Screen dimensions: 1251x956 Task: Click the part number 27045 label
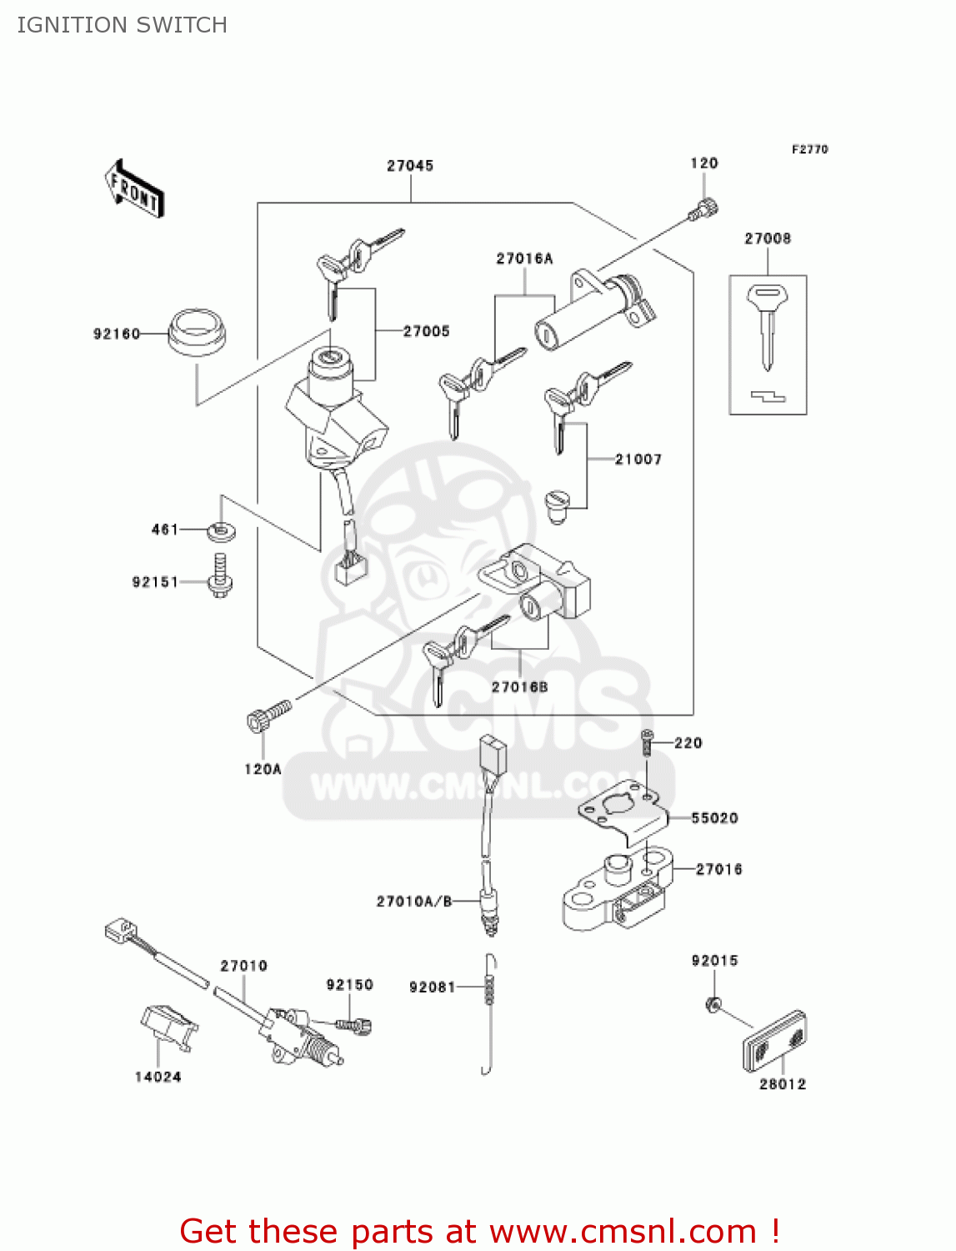(410, 166)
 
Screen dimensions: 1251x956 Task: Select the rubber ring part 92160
(197, 333)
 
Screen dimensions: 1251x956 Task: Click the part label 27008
(768, 239)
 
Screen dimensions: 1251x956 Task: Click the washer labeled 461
(221, 530)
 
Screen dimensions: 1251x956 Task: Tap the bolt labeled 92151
(220, 575)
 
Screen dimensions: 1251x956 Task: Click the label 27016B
(520, 687)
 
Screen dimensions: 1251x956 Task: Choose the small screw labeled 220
(646, 741)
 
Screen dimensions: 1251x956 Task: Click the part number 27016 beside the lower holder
(718, 869)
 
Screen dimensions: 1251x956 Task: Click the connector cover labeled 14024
(168, 1026)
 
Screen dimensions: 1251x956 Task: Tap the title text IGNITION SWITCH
(123, 25)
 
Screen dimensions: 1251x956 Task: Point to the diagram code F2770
(809, 149)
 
